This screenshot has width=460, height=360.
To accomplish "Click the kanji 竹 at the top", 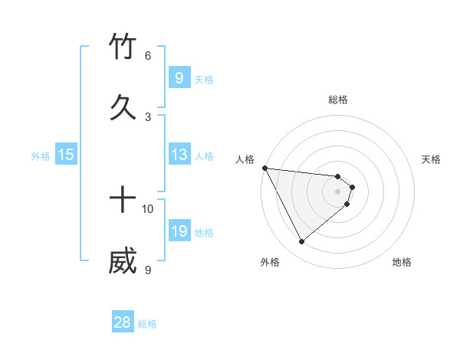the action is [x=123, y=47].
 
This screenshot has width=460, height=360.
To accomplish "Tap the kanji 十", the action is [x=123, y=201].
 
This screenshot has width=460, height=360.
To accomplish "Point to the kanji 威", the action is [x=123, y=261].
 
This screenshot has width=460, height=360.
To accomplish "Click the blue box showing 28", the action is [x=123, y=322].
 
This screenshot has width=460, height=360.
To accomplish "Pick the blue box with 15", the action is [x=66, y=155].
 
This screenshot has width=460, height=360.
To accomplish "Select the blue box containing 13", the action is [x=179, y=155].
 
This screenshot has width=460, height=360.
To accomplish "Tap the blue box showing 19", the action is [x=179, y=231].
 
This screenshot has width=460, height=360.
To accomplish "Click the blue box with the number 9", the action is [x=179, y=78].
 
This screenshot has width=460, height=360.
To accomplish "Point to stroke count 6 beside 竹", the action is [x=148, y=56].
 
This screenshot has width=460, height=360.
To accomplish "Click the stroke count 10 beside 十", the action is [x=148, y=209].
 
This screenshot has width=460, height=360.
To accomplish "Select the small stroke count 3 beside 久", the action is [x=148, y=116].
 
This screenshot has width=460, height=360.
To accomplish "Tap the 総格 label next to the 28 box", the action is [x=148, y=324].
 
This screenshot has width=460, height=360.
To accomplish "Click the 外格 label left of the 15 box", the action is [x=41, y=155].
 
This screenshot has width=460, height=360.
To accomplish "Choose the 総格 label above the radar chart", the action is [x=338, y=100].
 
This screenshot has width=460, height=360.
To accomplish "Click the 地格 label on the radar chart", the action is [x=402, y=263].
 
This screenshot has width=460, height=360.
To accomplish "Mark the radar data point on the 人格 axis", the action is [x=264, y=168].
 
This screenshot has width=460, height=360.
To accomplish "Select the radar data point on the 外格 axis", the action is [x=301, y=242].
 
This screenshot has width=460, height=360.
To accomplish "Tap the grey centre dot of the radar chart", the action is [x=338, y=191].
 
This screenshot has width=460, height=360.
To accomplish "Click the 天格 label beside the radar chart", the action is [x=432, y=159].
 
